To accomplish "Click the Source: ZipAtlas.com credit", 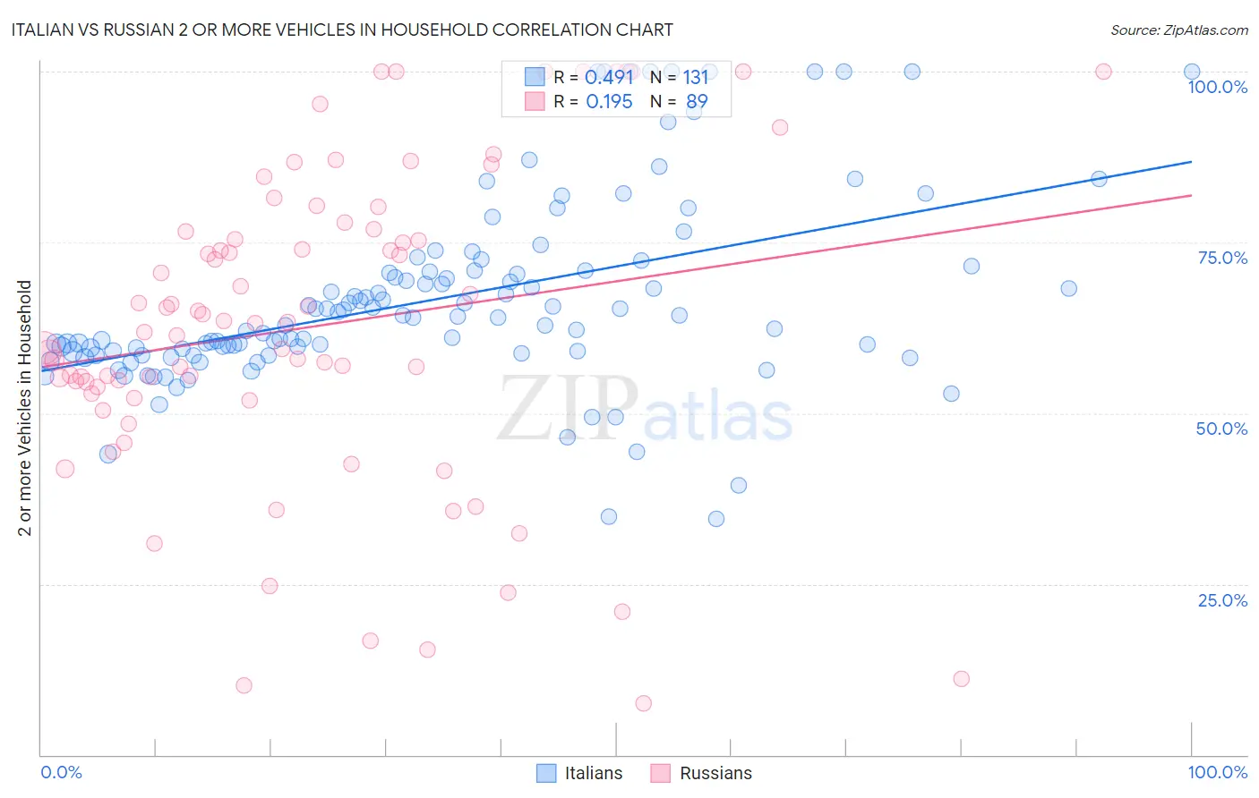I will (x=1178, y=30).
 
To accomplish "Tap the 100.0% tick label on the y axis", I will (x=1217, y=87).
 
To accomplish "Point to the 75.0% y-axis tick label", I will (x=1221, y=258).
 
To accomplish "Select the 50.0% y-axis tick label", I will (x=1221, y=429).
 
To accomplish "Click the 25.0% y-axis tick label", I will (x=1221, y=600).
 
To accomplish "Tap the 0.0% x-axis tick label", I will (x=61, y=772).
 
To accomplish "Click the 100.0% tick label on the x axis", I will (x=1217, y=772).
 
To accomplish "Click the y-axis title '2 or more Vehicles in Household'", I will (x=25, y=408).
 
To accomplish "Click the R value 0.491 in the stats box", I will (x=609, y=77).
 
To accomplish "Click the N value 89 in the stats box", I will (x=697, y=102).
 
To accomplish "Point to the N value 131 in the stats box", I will (x=696, y=77).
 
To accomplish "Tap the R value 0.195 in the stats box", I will (x=609, y=102).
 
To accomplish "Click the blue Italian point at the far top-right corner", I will (x=1192, y=72).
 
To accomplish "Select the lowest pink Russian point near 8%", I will (x=643, y=703).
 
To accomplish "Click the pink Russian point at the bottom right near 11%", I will (x=961, y=678).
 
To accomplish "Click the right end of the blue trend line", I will (x=1191, y=162).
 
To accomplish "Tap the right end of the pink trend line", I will (x=1191, y=195).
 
